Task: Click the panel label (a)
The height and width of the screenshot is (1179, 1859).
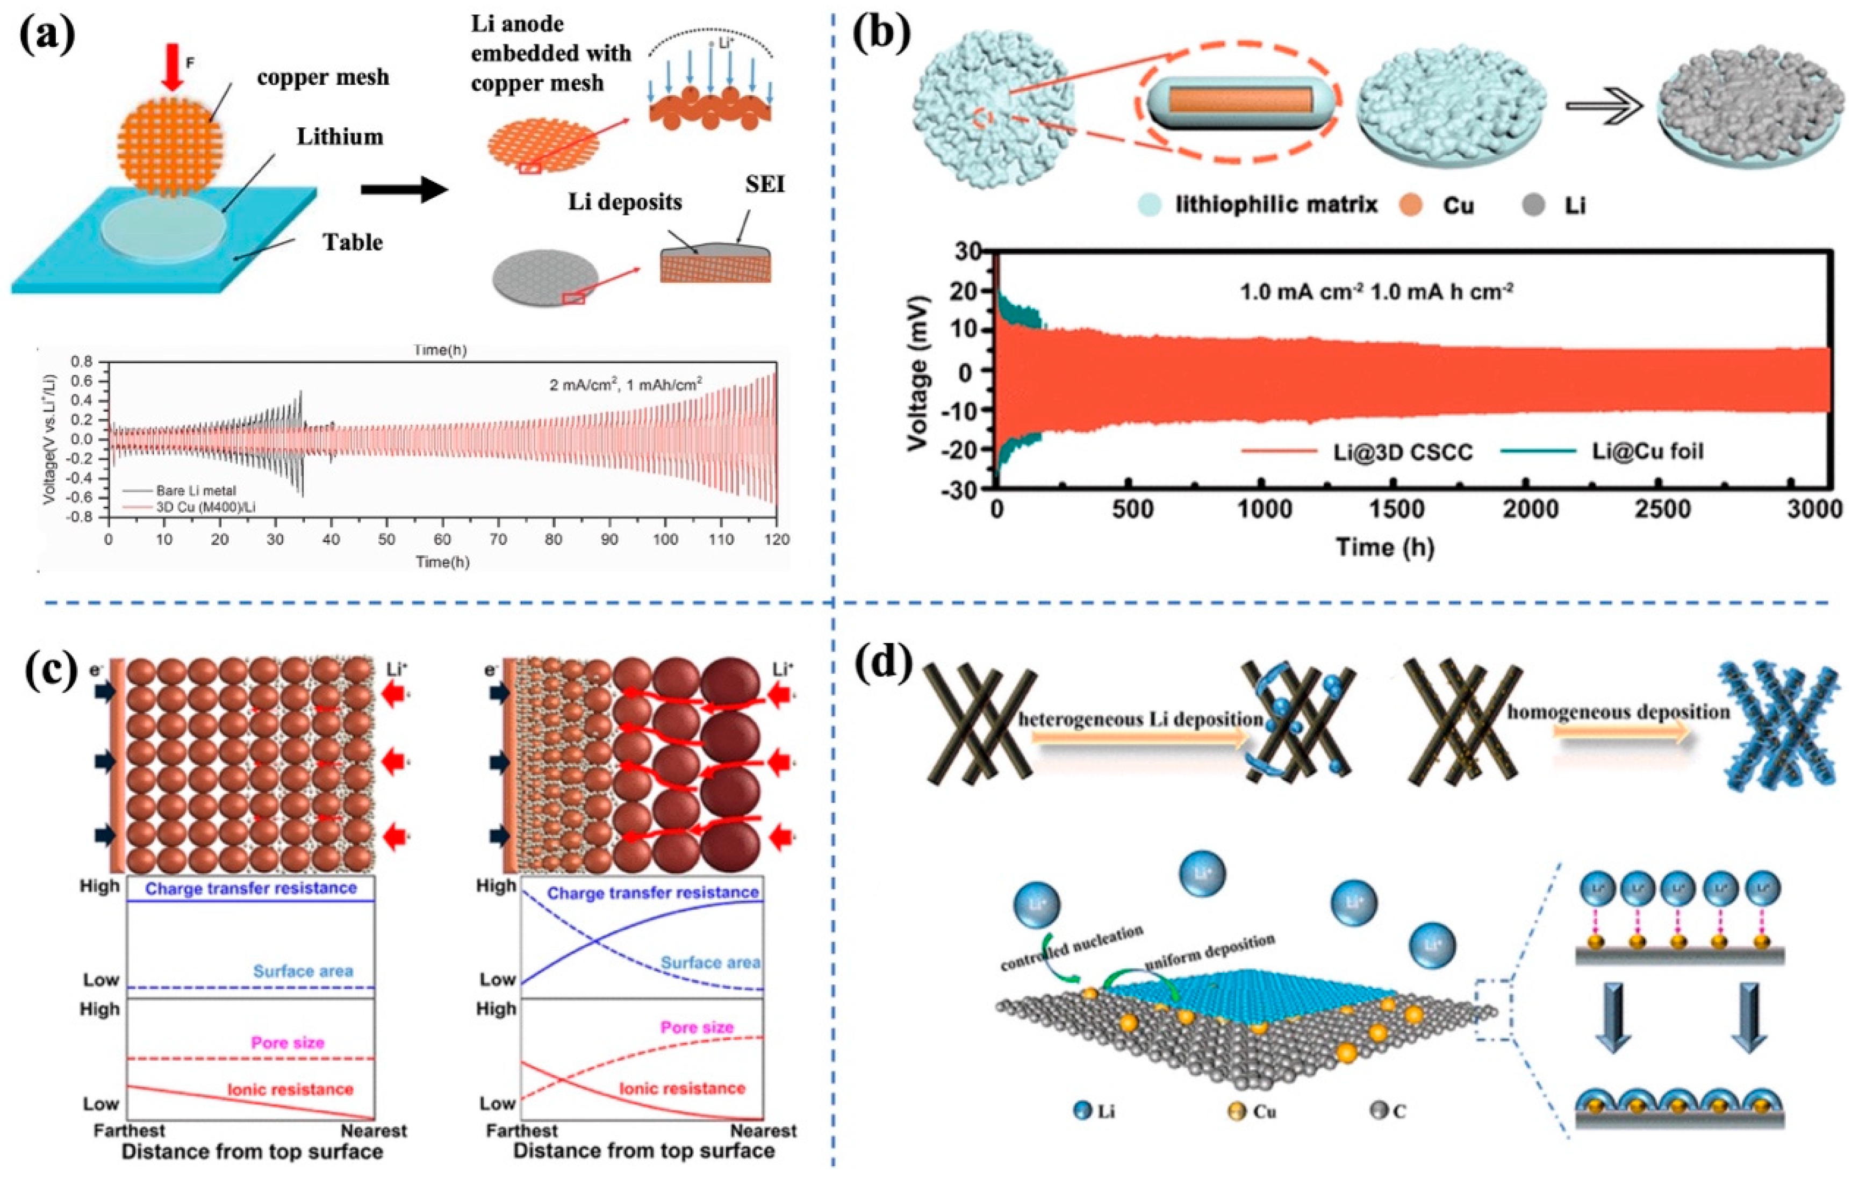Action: tap(47, 37)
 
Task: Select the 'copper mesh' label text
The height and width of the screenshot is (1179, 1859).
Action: tap(322, 77)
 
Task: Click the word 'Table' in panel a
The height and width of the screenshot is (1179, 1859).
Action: tap(353, 242)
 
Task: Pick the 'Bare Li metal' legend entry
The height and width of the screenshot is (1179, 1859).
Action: tap(195, 490)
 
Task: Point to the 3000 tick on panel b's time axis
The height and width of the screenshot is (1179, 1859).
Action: tap(1814, 509)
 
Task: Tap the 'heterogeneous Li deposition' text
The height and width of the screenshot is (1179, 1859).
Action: tap(1141, 719)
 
